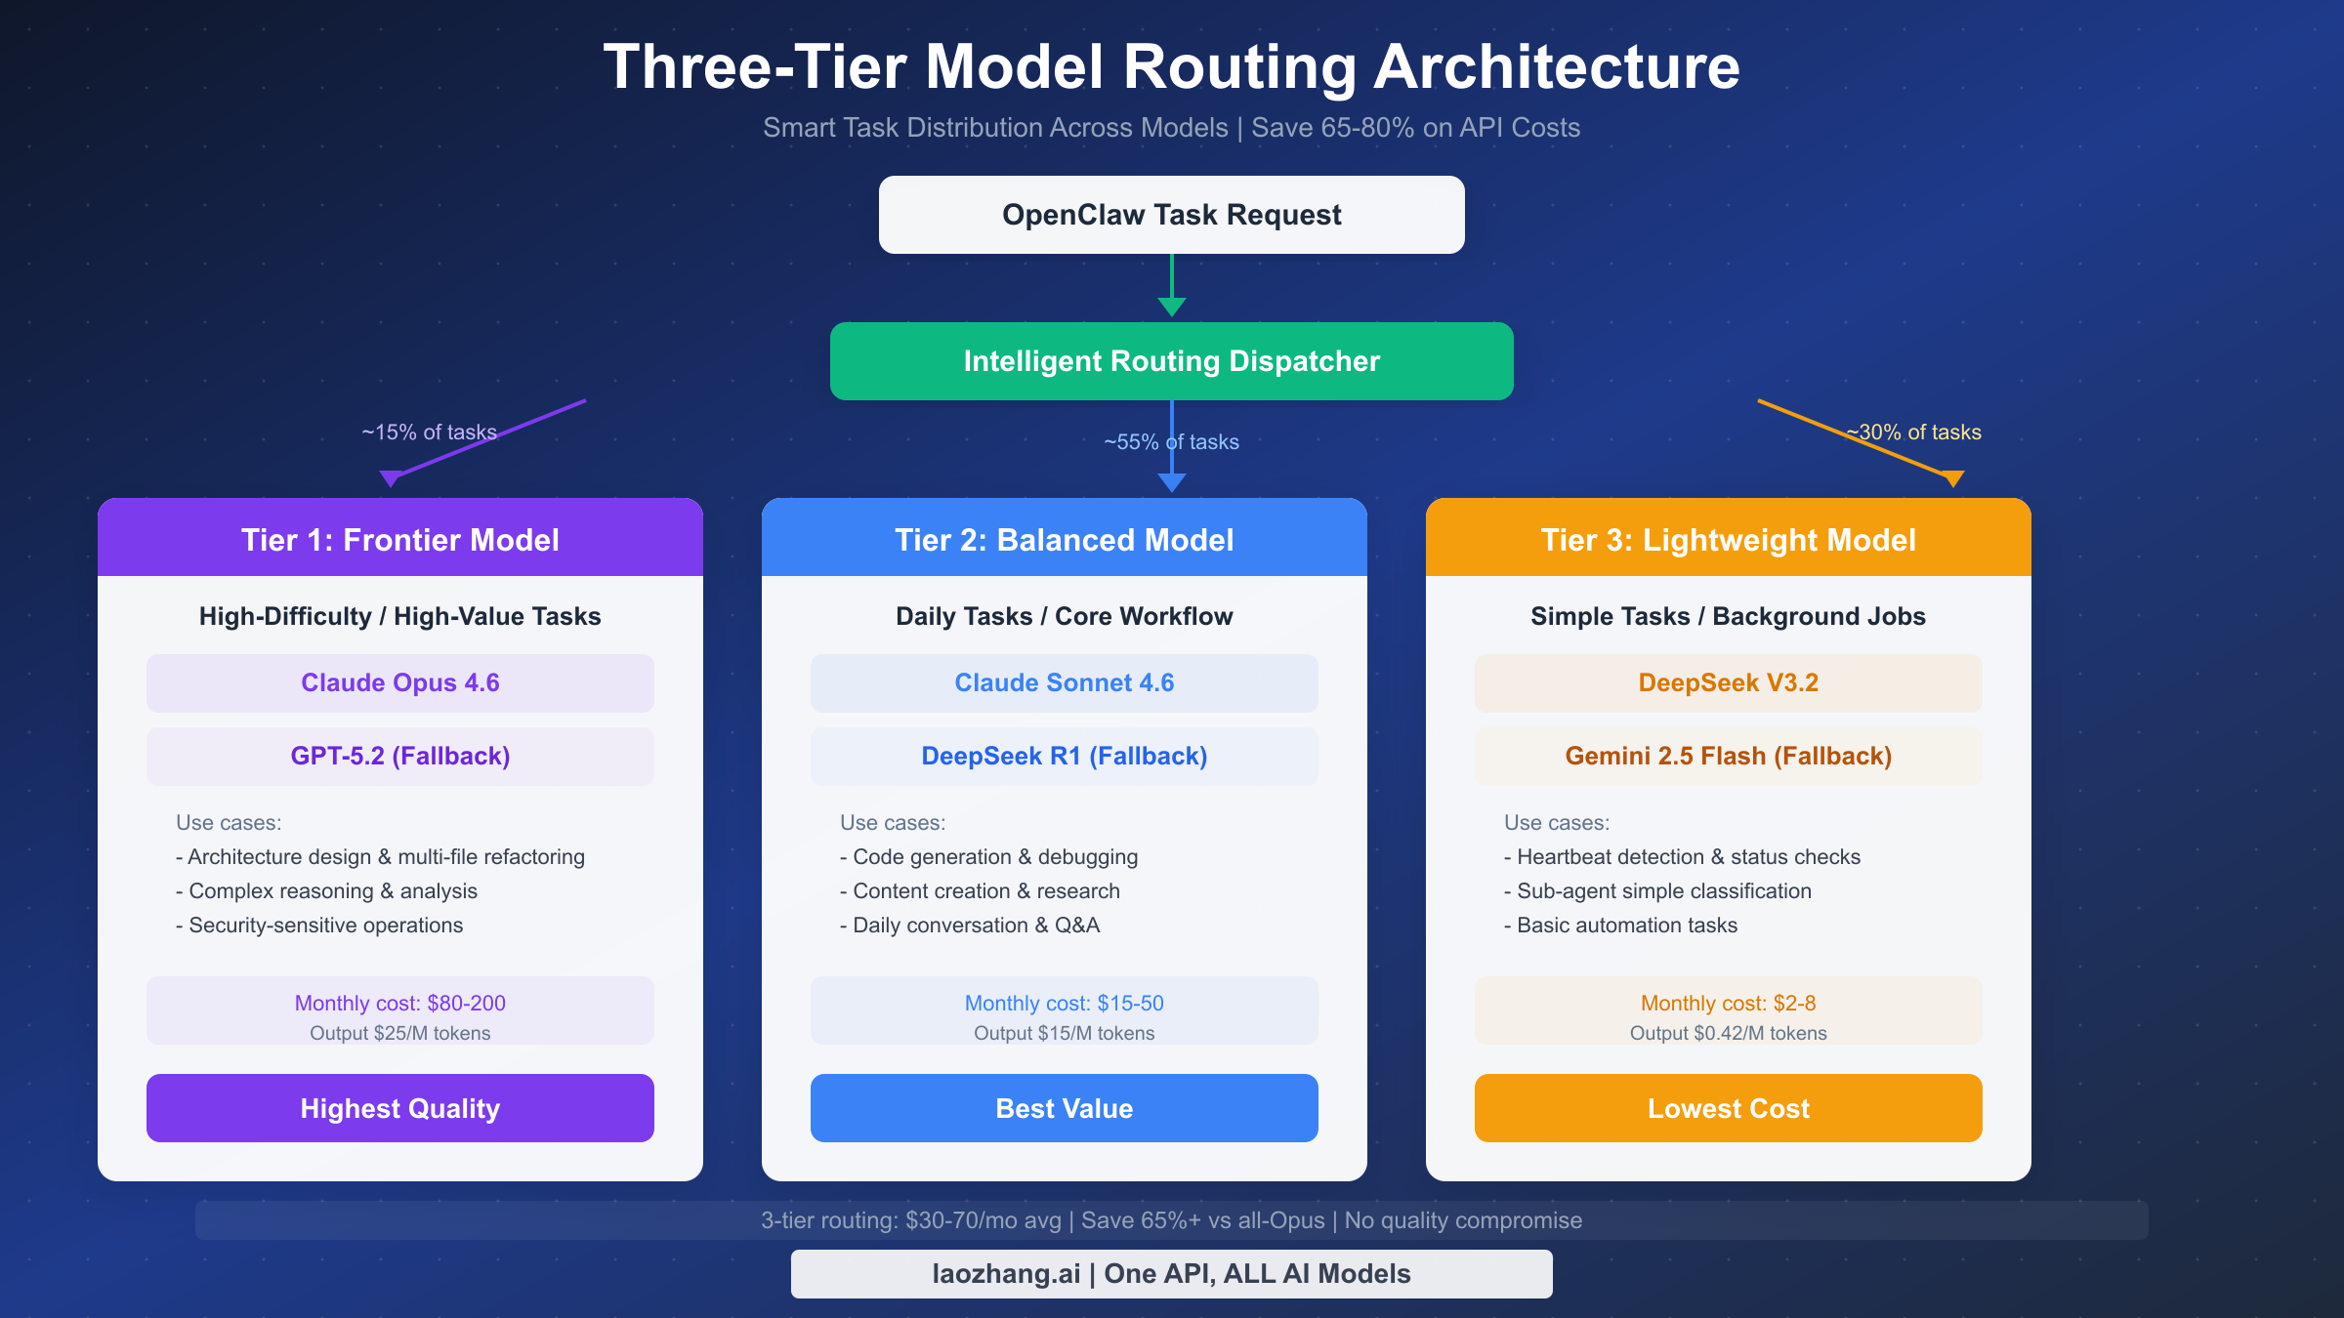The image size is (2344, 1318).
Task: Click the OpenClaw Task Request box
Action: click(x=1171, y=215)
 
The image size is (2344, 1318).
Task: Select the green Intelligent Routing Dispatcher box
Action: click(x=1171, y=361)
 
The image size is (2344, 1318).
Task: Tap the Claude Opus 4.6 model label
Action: click(x=399, y=683)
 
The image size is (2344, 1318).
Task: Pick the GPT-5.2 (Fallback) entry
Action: click(x=399, y=757)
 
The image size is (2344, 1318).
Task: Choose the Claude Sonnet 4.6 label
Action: click(x=1064, y=683)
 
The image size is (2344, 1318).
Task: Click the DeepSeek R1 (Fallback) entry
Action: click(x=1064, y=757)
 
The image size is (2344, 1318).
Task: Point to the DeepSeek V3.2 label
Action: click(x=1728, y=683)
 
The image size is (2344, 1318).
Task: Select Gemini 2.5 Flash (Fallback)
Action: click(x=1728, y=757)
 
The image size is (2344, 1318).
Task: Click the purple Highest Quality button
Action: click(x=399, y=1108)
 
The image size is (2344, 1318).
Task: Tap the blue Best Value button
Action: click(x=1064, y=1108)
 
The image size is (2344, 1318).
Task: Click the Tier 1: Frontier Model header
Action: click(x=399, y=539)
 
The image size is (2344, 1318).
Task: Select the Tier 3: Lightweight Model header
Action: click(x=1728, y=539)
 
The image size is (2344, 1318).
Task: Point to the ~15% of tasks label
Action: click(x=429, y=432)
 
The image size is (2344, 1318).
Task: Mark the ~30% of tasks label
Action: click(x=1914, y=432)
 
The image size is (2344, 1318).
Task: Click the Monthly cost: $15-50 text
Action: click(x=1064, y=1003)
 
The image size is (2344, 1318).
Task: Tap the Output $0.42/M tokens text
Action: click(x=1728, y=1033)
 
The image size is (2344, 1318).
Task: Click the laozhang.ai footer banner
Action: click(x=1171, y=1273)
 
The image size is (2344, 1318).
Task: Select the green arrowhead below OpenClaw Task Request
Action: click(x=1171, y=307)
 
